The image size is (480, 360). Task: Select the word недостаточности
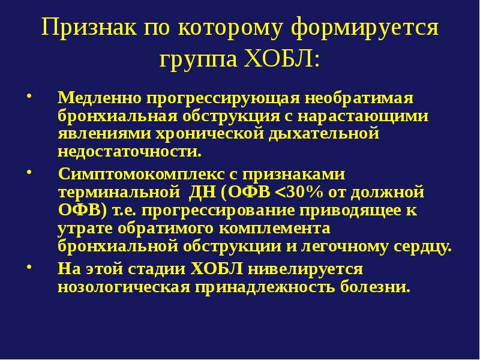click(x=130, y=152)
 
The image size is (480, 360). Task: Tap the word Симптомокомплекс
click(x=141, y=175)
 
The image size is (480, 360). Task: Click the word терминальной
click(x=119, y=193)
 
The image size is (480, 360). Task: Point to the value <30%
click(x=299, y=192)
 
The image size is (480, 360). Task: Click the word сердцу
click(x=422, y=247)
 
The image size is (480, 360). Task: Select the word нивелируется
click(x=305, y=269)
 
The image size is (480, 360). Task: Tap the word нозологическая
click(x=124, y=287)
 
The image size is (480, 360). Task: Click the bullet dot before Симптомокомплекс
click(x=29, y=172)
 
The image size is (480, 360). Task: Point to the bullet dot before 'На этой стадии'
click(x=29, y=266)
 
